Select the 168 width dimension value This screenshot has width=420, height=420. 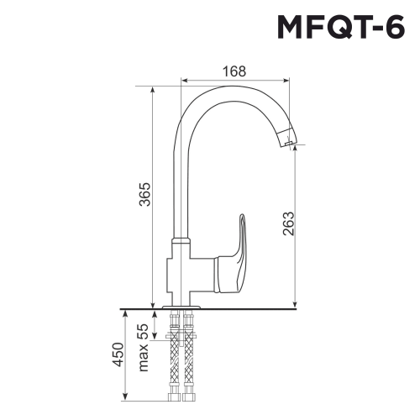pos(235,71)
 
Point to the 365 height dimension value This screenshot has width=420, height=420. pos(144,195)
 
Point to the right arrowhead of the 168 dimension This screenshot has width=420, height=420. pos(289,82)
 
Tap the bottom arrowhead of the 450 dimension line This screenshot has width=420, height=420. pos(126,396)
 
